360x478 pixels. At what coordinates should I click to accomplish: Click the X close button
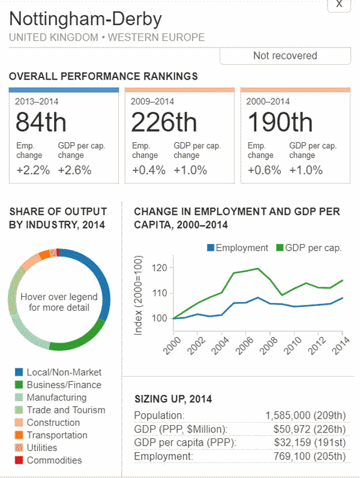point(339,5)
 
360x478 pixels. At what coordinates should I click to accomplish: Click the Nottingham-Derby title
point(86,19)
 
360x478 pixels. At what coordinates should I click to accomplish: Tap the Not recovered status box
point(285,56)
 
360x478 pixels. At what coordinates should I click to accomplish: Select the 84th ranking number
point(41,122)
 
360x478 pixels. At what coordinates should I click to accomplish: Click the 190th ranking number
point(280,122)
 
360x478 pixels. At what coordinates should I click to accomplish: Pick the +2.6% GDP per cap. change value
point(74,170)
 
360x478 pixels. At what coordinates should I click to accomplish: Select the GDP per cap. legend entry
point(308,248)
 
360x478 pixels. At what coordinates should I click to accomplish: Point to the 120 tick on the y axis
point(159,268)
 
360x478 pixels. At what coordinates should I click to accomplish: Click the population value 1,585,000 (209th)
point(305,416)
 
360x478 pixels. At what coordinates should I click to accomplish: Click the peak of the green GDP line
point(257,268)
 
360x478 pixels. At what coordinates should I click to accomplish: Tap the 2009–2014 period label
point(152,101)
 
